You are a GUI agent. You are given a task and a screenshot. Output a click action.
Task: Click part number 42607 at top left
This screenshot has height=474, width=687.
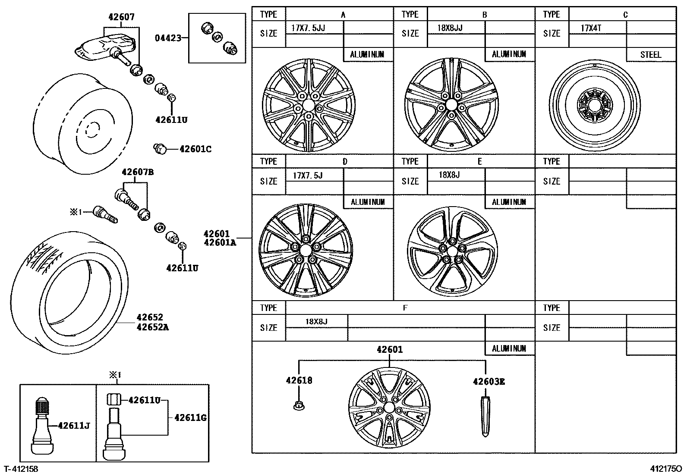121,17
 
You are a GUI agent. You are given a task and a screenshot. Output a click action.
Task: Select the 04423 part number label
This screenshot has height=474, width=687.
168,38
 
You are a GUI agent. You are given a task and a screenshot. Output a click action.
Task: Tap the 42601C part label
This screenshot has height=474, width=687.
195,149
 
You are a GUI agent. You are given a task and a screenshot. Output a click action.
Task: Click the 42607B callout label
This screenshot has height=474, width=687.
138,172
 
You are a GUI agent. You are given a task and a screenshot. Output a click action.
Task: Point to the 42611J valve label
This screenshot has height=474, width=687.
73,426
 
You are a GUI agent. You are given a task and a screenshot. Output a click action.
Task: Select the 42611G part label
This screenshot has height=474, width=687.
190,417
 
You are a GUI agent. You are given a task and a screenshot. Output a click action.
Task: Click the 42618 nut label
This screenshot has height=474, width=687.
299,380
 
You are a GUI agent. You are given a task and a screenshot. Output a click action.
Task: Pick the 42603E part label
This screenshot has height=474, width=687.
489,381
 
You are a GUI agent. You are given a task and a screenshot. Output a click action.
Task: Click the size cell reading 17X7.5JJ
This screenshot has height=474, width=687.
308,28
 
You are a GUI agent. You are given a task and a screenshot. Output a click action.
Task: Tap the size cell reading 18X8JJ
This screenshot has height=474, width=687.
450,28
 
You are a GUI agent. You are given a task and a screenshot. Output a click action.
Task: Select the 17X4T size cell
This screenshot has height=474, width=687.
591,28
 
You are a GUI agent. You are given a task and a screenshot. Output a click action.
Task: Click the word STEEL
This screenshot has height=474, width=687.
650,55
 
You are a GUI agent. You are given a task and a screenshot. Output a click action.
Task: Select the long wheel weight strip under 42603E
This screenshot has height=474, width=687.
485,417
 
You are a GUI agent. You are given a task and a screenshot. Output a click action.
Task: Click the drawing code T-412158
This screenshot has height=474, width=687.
21,468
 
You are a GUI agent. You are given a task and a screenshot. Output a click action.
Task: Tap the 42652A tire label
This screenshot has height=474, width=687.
152,327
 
